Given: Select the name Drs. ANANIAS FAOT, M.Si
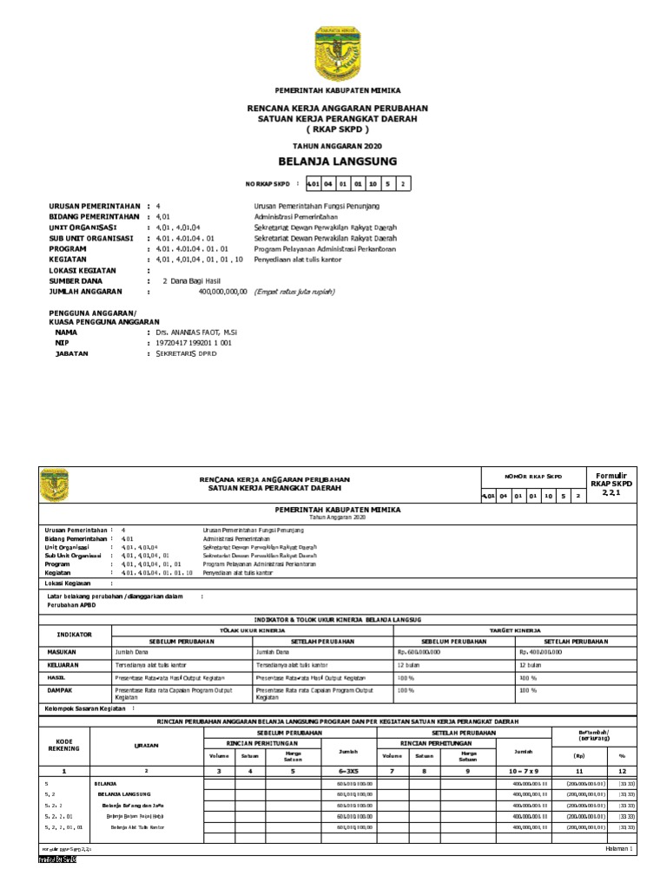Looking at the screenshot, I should tap(195, 333).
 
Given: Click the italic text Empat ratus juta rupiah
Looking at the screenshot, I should tap(294, 292).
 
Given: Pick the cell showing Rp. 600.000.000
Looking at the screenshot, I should tap(419, 650).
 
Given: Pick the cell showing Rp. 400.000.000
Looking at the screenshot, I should tap(541, 650).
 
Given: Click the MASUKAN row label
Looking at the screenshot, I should tap(63, 650).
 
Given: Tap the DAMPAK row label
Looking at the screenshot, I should tap(59, 689).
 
